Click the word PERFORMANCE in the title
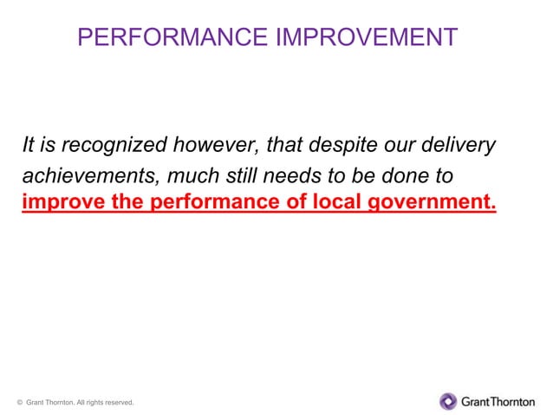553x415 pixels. tap(172, 36)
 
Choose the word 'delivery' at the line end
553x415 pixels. tap(459, 144)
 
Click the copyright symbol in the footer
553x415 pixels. tap(19, 402)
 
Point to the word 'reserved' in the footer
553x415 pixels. tap(117, 402)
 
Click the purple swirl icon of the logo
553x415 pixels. tap(448, 401)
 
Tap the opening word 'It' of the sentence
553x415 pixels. tap(28, 144)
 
